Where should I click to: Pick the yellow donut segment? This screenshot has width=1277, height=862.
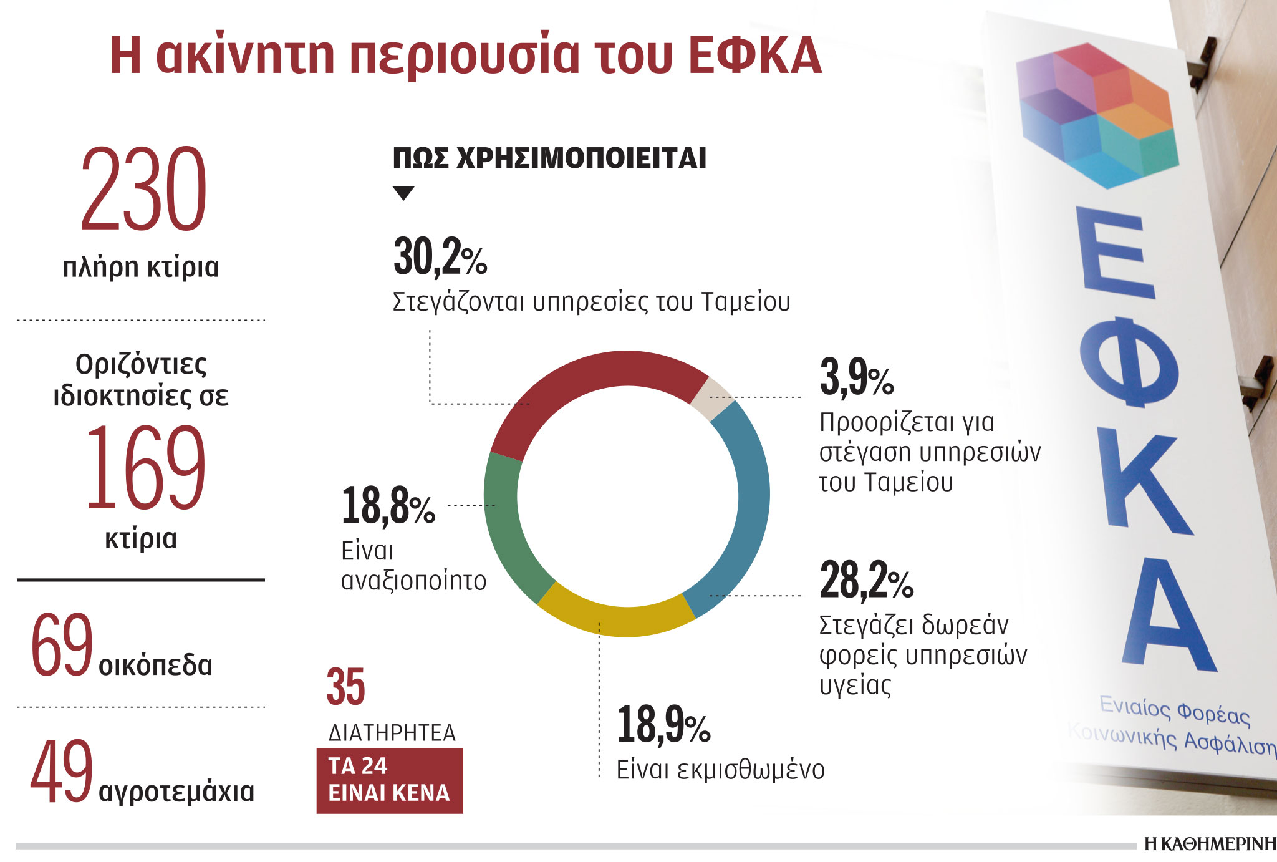click(x=617, y=617)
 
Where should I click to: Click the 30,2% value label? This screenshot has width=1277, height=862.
click(x=440, y=257)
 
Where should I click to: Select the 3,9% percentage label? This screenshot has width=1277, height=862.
click(x=856, y=378)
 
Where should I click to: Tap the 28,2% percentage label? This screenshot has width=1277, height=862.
click(x=865, y=580)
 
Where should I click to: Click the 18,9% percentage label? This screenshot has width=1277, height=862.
click(x=663, y=725)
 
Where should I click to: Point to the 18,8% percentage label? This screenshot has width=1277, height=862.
click(x=388, y=506)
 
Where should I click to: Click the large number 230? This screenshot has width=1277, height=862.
click(x=143, y=190)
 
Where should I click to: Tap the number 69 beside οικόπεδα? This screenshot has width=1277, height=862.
click(x=62, y=646)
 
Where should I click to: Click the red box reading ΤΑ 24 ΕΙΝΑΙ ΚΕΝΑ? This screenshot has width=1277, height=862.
click(x=390, y=780)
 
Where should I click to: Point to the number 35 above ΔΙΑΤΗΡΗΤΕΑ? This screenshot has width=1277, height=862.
click(x=345, y=687)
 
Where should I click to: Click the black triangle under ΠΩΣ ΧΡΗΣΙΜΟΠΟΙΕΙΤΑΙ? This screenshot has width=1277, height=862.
click(x=404, y=193)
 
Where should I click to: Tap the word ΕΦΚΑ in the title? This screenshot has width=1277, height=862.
click(x=756, y=56)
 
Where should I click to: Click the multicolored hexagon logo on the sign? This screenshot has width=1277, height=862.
click(x=1097, y=115)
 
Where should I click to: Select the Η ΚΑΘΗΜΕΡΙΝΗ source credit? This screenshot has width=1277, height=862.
click(x=1210, y=845)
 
